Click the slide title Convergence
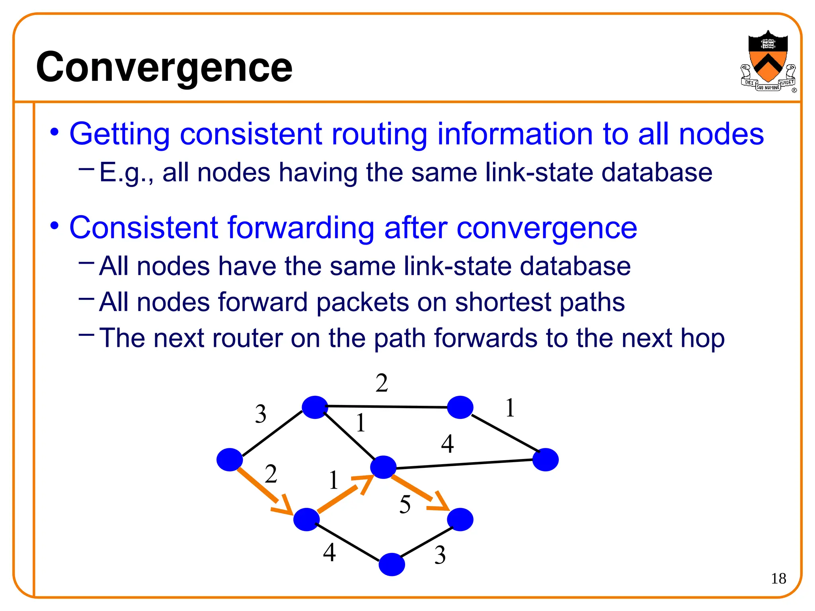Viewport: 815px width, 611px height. coord(164,68)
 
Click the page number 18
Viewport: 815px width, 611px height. coord(778,578)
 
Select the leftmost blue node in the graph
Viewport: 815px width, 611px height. coord(230,459)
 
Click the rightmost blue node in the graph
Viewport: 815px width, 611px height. coord(545,459)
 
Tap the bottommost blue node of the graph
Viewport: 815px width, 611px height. coord(392,564)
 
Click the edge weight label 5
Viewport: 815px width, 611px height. coord(405,504)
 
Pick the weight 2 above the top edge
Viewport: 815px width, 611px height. coord(382,383)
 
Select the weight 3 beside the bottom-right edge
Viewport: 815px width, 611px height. coord(440,555)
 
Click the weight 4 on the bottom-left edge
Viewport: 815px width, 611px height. coord(329,552)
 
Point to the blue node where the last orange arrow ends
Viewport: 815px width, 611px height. coord(460,519)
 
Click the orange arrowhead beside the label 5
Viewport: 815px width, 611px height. coord(439,503)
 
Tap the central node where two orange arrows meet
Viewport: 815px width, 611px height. coord(383,467)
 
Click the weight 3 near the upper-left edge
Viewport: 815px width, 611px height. coord(260,414)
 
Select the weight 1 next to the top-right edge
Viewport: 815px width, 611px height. coord(510,408)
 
